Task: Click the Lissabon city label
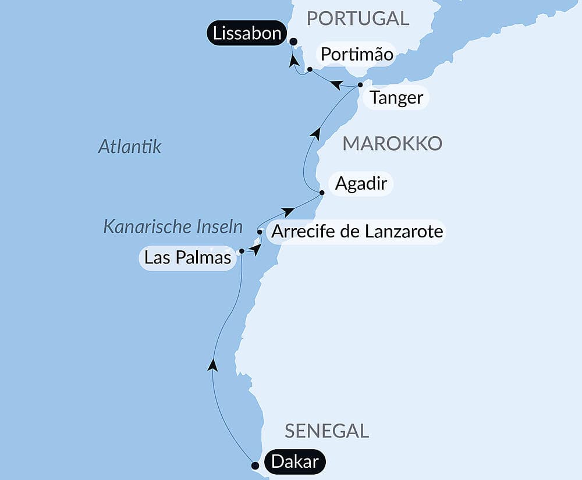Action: (x=247, y=33)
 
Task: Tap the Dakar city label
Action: (x=295, y=463)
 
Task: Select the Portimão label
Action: (x=356, y=55)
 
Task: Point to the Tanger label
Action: (x=396, y=97)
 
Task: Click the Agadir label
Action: (x=361, y=184)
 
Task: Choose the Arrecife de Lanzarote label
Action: (x=357, y=232)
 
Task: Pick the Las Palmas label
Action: (x=187, y=257)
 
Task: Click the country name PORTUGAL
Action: (x=358, y=18)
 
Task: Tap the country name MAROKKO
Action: (x=392, y=143)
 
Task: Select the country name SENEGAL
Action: (x=327, y=431)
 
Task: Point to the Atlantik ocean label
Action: (x=129, y=147)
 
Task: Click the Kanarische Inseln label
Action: (x=172, y=226)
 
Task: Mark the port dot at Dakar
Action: (x=254, y=465)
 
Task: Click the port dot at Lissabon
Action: (x=293, y=41)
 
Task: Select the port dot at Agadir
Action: (x=321, y=192)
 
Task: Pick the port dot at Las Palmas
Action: (x=241, y=251)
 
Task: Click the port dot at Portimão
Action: (x=310, y=69)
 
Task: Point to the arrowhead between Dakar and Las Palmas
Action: (x=213, y=365)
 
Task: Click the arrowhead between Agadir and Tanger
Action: (x=315, y=133)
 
